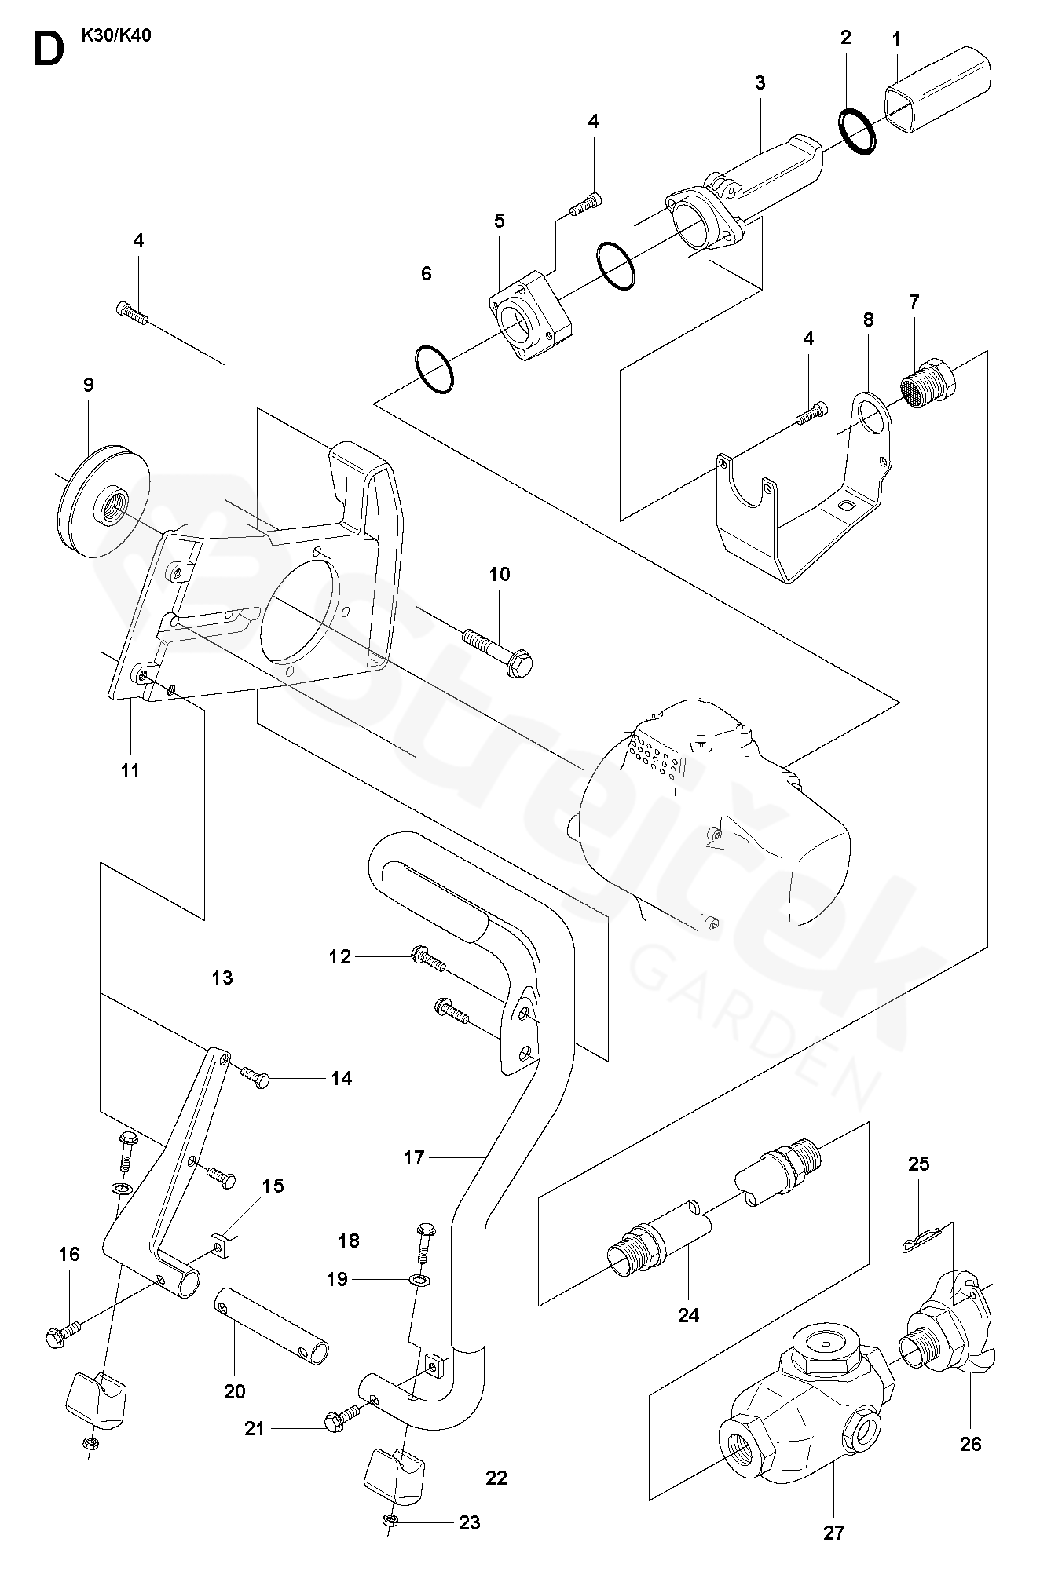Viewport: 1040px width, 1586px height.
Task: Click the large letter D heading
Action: (47, 49)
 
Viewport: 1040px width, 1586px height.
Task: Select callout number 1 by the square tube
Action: (896, 38)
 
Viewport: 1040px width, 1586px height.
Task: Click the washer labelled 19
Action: (421, 1281)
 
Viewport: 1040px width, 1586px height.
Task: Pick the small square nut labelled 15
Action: (224, 1243)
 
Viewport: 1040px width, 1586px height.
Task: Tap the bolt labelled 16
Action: (64, 1332)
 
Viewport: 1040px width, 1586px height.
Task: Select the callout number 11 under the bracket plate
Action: (130, 770)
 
